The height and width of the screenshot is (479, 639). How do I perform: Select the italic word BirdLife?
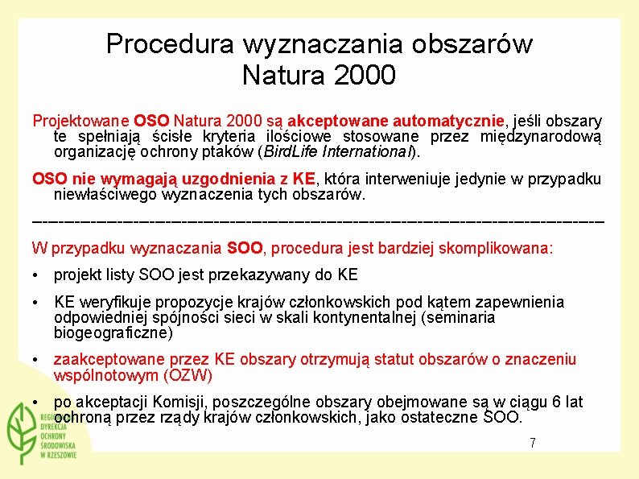(x=291, y=151)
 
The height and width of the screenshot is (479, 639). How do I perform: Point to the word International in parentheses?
(x=367, y=151)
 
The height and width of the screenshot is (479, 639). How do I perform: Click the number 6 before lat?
(x=548, y=402)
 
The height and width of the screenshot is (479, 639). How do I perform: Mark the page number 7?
(x=532, y=443)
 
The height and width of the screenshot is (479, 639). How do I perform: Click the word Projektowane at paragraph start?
(x=81, y=121)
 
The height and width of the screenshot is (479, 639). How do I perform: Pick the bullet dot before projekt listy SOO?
(x=36, y=275)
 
